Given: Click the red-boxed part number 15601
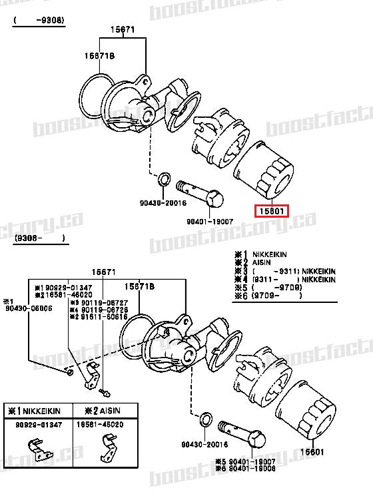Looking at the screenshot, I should pos(272,212).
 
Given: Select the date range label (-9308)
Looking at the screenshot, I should pos(39,21).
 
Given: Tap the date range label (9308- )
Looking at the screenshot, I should pos(39,238).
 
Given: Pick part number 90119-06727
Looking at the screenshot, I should pos(93,302).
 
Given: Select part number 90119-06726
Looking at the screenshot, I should pos(93,310).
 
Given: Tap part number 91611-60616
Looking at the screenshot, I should pos(93,317).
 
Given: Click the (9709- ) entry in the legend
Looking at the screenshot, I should pos(272,296).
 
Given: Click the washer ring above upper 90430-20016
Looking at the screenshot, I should pos(163,180).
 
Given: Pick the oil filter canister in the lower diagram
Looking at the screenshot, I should pos(304,413).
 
